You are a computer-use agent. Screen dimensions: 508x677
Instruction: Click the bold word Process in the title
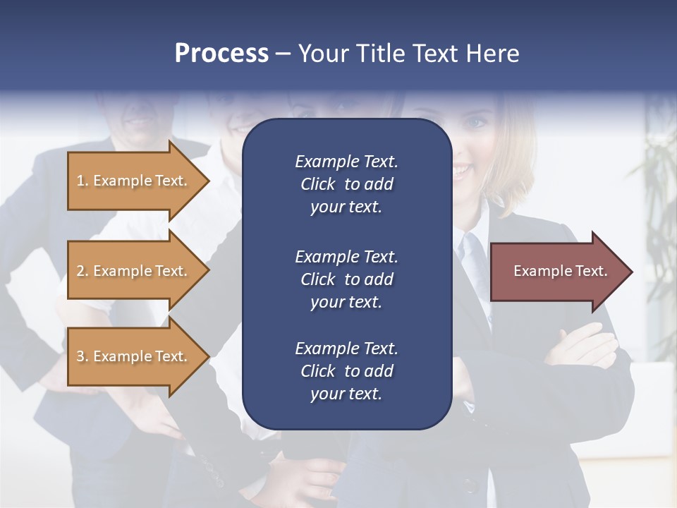[221, 54]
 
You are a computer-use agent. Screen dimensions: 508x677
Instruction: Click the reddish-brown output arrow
[557, 271]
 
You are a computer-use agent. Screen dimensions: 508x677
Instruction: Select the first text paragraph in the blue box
[346, 184]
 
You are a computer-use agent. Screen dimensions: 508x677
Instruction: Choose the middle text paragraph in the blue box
[346, 279]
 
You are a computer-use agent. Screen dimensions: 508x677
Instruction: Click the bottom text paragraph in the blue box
[346, 371]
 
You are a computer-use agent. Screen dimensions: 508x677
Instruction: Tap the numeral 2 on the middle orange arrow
[80, 271]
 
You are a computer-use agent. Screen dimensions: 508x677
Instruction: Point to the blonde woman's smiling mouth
[463, 170]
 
